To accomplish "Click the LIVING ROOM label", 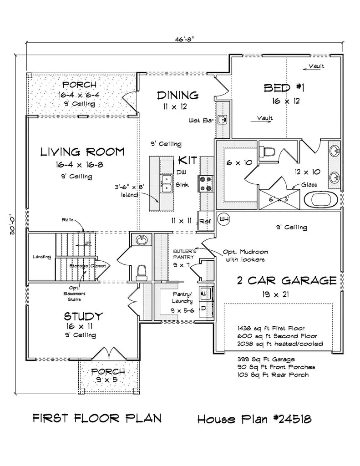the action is point(82,152).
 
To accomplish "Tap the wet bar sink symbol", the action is point(222,120).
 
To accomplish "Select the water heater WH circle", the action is point(224,219).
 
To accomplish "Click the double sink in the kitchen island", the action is point(167,184).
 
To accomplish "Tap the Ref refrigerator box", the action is point(205,221).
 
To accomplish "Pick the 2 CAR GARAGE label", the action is point(287,280).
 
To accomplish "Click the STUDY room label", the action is point(84,316).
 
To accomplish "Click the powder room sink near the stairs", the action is point(142,239).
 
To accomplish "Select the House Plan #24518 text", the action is point(254,419).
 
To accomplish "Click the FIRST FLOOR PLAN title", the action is point(97,419).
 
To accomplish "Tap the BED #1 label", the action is point(284,88).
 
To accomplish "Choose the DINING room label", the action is point(178,96).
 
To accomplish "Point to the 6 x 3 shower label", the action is point(279,199).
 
